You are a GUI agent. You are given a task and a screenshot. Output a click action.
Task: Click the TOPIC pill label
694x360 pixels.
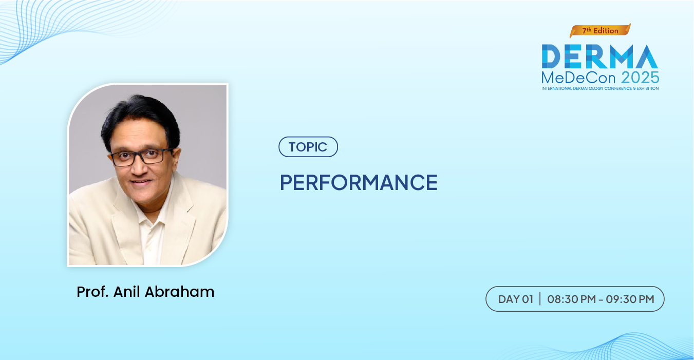308,147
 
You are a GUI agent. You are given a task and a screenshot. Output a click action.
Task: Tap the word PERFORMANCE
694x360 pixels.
359,182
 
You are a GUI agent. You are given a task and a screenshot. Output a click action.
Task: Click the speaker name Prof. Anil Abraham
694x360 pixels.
145,292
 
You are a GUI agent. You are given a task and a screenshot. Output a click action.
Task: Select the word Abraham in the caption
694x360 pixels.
179,292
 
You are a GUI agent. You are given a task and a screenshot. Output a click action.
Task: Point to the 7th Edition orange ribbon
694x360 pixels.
600,31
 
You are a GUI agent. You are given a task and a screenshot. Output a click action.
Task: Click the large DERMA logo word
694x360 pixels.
600,56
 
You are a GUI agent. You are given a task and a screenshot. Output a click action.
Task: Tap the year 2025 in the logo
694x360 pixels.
640,78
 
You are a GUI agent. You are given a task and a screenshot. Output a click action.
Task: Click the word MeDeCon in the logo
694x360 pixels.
578,78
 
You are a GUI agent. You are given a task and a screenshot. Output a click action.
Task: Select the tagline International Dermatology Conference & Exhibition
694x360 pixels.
600,89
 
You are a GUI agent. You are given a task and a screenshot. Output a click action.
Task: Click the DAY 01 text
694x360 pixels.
516,299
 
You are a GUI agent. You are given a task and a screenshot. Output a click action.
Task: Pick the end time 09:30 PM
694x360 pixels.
630,299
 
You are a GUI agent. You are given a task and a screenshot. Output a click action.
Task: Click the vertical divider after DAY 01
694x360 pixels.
540,299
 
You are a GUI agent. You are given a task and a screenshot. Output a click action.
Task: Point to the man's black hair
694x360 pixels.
140,118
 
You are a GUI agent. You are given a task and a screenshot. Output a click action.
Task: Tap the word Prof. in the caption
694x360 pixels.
92,292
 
